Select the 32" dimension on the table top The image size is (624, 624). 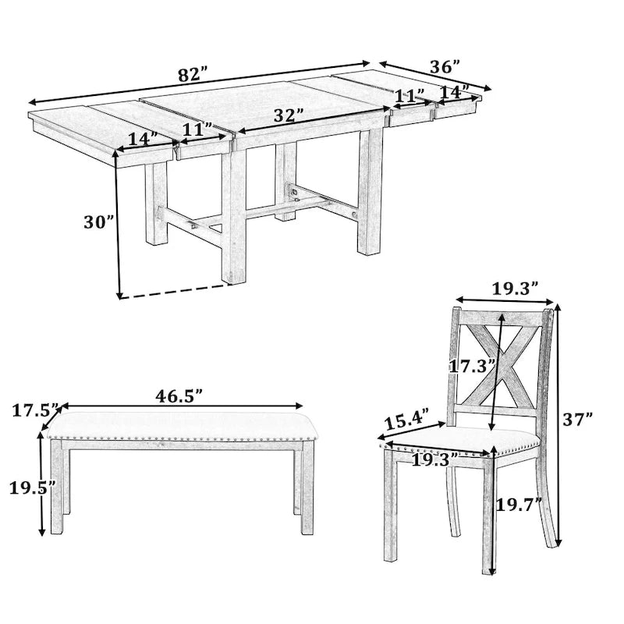(288, 115)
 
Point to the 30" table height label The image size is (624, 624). (99, 222)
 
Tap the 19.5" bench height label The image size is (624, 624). (32, 488)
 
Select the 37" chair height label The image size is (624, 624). (578, 419)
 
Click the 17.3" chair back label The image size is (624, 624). (469, 364)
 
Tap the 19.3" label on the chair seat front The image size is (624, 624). (434, 460)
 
